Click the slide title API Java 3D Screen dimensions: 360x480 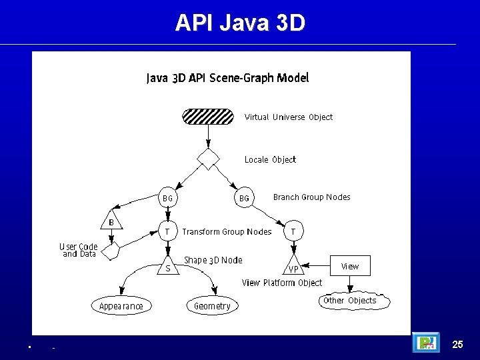point(240,23)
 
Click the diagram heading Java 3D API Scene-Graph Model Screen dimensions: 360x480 point(227,78)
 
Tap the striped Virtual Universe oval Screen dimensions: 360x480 point(208,117)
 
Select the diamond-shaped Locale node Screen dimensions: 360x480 point(209,159)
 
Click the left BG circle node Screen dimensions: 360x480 point(168,198)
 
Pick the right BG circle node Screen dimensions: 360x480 point(244,198)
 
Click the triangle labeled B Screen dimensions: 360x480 point(111,221)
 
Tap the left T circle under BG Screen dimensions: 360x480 point(168,231)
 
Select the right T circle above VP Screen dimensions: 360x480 point(293,231)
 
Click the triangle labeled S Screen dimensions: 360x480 point(168,267)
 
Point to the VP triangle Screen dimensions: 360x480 point(293,267)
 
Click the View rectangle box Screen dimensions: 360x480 point(349,266)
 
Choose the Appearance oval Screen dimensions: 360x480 point(121,306)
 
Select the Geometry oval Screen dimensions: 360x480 point(212,306)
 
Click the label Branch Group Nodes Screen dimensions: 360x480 point(311,197)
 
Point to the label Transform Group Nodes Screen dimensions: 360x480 point(227,231)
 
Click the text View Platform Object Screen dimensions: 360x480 point(281,283)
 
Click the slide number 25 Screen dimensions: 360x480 point(457,344)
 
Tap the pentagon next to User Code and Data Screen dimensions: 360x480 point(111,251)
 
